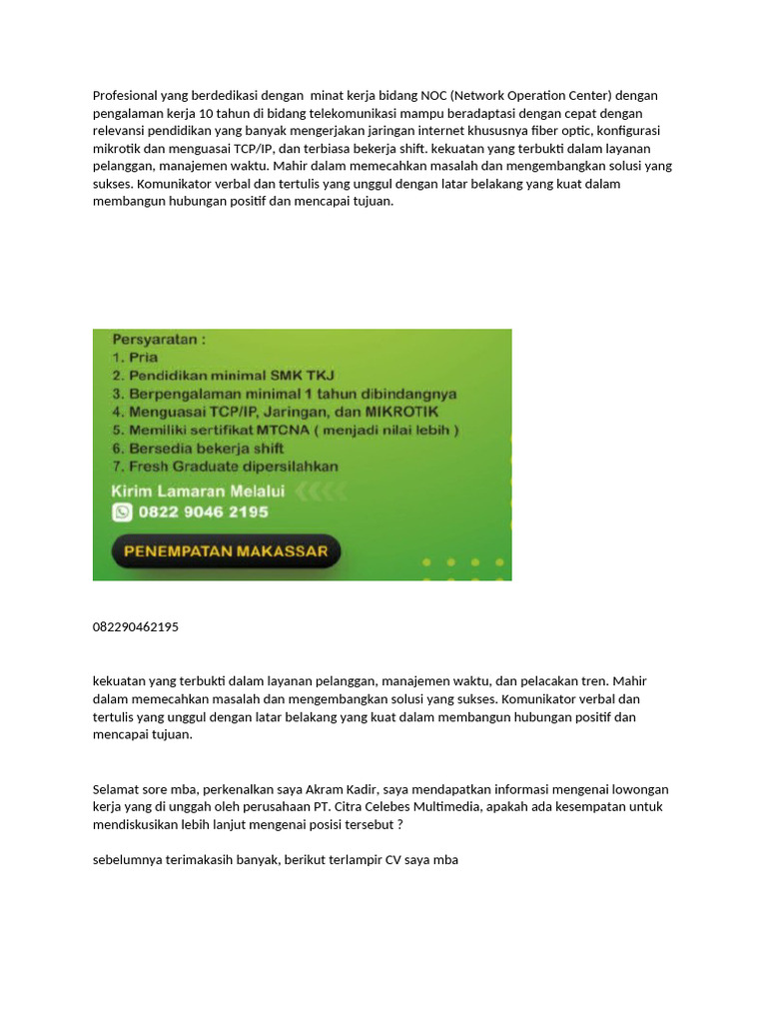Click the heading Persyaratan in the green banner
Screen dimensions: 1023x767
[x=160, y=340]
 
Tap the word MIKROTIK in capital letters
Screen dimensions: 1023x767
[x=398, y=412]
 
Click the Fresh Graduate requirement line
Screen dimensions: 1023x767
[x=225, y=467]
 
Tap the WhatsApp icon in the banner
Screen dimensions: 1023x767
[x=123, y=511]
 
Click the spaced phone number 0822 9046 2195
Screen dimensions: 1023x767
[x=204, y=511]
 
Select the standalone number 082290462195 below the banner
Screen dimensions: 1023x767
[x=136, y=627]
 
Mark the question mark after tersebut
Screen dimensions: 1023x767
[x=399, y=825]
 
